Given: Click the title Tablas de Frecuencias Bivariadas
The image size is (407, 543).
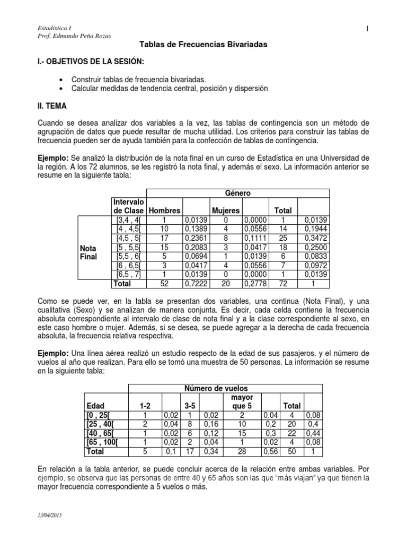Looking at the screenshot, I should (x=203, y=46).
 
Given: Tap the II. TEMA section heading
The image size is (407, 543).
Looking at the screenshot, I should (x=50, y=106).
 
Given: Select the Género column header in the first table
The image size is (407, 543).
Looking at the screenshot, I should (x=237, y=194).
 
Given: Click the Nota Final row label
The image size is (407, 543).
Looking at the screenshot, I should (x=88, y=252).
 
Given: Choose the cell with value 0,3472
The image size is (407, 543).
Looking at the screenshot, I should (x=315, y=238).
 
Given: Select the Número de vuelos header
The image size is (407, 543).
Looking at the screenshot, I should (x=215, y=388).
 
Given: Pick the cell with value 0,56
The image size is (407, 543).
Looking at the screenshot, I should (x=271, y=452).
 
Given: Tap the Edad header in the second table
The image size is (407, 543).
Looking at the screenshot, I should (x=95, y=406).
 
